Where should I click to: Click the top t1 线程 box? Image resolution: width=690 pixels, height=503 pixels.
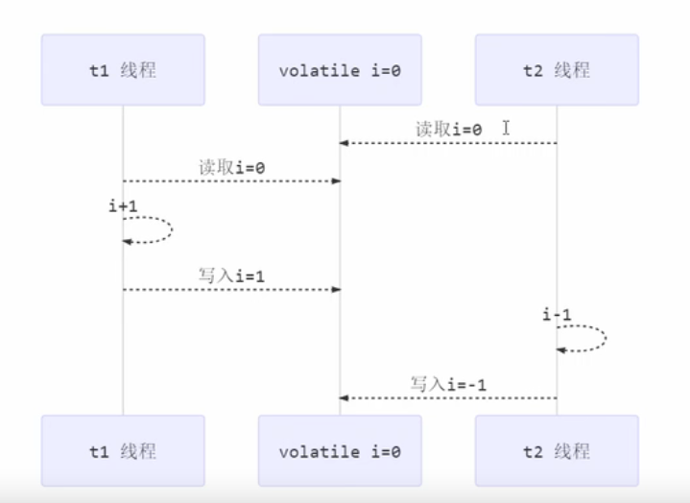[123, 70]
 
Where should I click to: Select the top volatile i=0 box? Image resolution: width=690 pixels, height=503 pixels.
[340, 70]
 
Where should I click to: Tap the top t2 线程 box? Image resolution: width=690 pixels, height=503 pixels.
[557, 70]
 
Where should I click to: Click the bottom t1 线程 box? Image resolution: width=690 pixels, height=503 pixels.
[123, 450]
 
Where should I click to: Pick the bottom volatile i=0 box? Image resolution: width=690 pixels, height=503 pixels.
[340, 450]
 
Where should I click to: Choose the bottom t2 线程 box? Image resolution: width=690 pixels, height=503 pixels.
[557, 450]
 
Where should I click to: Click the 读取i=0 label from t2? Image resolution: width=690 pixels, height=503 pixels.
[448, 128]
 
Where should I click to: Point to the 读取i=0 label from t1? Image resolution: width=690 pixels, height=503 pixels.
[231, 167]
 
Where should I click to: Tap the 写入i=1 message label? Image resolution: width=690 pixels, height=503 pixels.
[231, 275]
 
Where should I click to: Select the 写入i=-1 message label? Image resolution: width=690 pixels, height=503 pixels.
[448, 383]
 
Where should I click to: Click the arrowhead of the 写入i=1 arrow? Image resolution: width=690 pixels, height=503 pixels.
[335, 289]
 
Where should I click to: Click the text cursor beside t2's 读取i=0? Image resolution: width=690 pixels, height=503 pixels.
[505, 127]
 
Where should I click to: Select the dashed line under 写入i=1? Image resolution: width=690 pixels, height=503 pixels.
[230, 289]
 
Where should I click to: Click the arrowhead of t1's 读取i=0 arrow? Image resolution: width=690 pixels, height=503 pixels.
[335, 180]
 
